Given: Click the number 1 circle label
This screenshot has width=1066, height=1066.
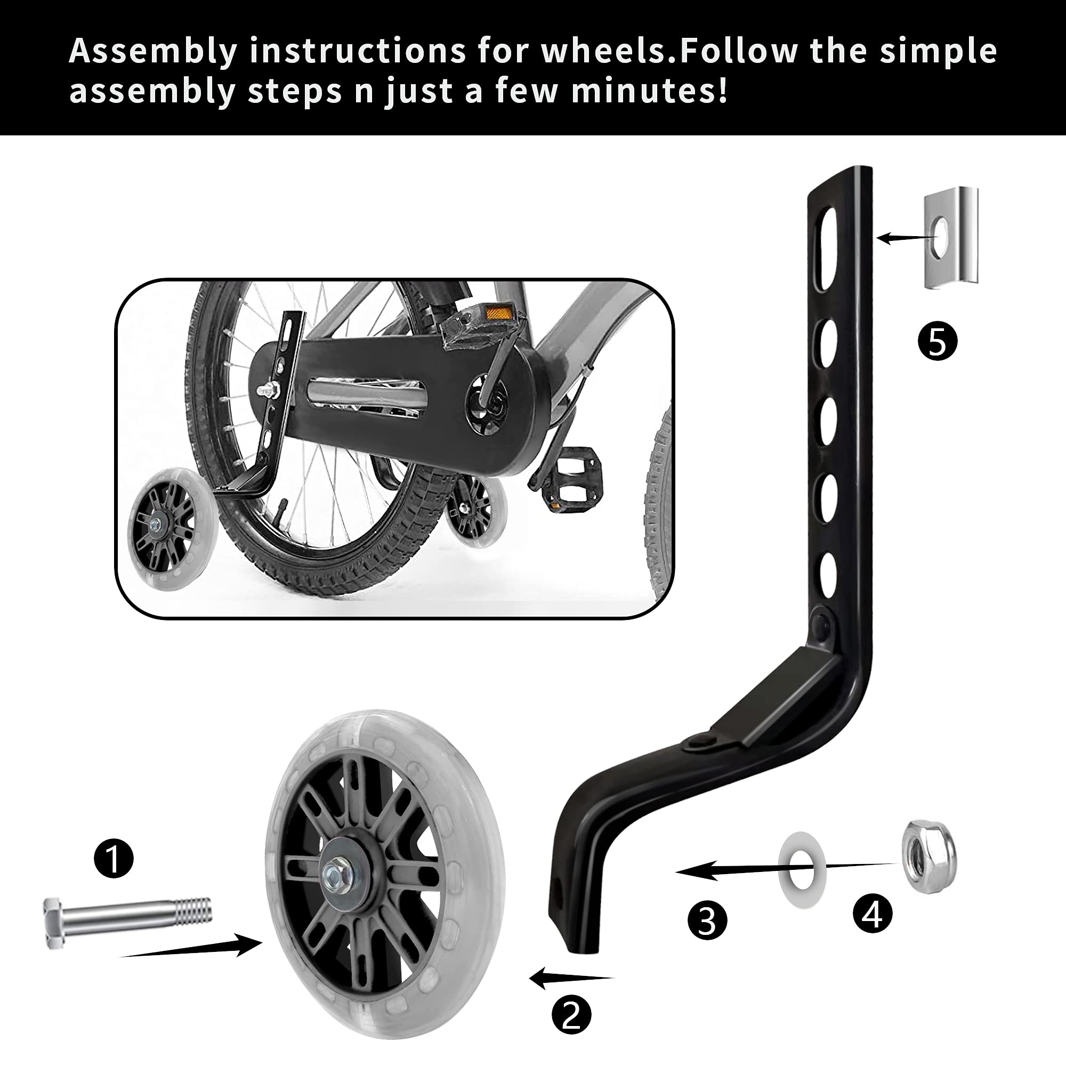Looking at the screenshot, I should pyautogui.click(x=114, y=858).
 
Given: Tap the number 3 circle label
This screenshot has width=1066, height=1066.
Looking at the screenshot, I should pyautogui.click(x=707, y=920).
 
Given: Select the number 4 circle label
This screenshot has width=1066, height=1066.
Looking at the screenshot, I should pyautogui.click(x=873, y=914).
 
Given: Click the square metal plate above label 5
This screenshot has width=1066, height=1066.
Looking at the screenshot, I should pyautogui.click(x=951, y=238).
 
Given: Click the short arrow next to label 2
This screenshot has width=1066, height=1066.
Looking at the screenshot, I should pyautogui.click(x=571, y=978).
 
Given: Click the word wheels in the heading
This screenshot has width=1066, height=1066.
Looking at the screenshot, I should pyautogui.click(x=608, y=51).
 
